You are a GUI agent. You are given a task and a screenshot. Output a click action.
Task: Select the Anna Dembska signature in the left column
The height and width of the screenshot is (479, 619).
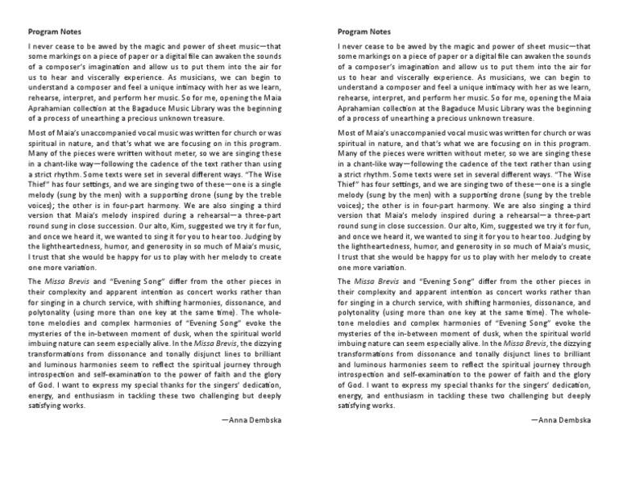[x=251, y=420]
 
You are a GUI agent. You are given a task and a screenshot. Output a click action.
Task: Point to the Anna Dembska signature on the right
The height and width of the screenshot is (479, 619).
[x=562, y=420]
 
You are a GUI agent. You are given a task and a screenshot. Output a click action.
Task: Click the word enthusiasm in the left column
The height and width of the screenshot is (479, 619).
[x=89, y=396]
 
